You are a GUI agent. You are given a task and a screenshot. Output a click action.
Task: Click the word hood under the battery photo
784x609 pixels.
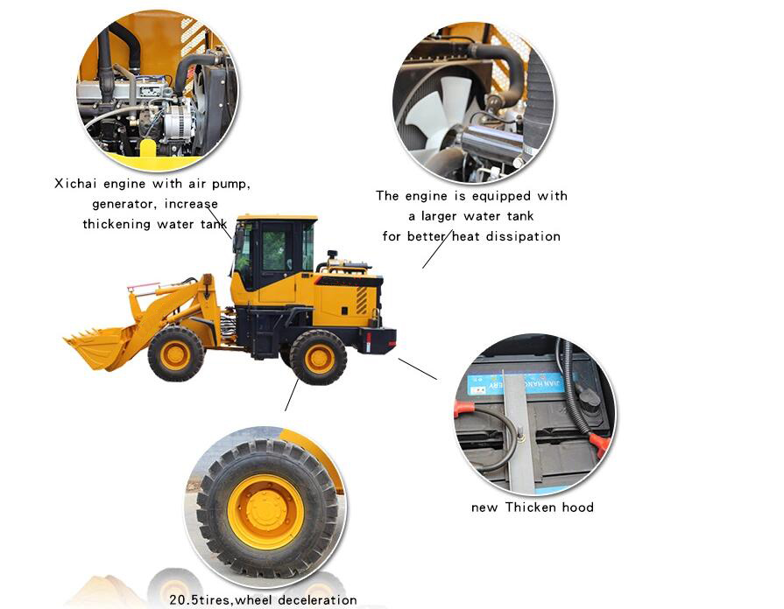coord(578,507)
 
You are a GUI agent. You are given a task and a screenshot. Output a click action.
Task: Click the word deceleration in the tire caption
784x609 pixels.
coord(317,600)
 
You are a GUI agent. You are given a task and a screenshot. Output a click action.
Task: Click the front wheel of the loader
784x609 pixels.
coord(176,353)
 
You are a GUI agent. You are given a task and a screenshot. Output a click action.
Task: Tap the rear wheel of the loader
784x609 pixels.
coord(319,357)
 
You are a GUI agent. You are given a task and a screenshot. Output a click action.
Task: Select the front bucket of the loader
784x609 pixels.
coord(100,346)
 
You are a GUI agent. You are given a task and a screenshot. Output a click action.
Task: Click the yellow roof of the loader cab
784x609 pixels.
coord(277,219)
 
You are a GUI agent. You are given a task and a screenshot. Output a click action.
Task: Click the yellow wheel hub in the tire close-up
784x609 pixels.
coord(265,512)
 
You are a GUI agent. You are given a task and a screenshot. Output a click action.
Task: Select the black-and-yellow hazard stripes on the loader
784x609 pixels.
coord(362,301)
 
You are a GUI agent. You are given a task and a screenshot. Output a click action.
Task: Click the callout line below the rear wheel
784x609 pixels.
coord(292,395)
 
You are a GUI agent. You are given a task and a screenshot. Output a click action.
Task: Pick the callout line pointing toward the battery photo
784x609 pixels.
coord(418,369)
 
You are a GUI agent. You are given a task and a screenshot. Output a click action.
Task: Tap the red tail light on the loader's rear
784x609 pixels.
coord(369,342)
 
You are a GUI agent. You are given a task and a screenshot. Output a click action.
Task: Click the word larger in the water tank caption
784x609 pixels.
coord(439,216)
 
